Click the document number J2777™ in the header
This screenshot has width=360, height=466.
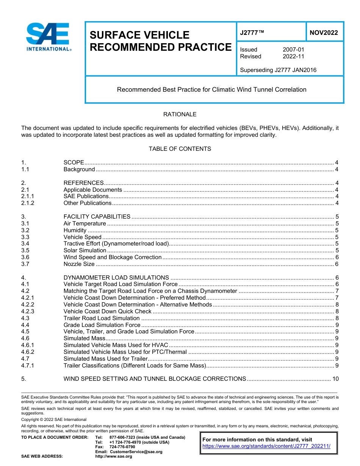coord(252,33)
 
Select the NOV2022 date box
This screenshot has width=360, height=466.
coord(324,33)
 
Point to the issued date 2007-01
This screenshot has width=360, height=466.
coord(293,50)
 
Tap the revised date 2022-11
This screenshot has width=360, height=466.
coord(293,56)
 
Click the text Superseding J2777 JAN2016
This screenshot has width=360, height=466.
coord(278,70)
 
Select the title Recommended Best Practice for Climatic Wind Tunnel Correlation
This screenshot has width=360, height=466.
coord(211,90)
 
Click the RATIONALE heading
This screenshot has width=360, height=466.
coord(180,114)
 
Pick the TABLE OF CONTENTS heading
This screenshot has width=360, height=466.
coord(180,149)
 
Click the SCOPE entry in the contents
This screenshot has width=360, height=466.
coord(74,163)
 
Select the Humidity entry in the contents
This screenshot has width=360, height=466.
coord(75,230)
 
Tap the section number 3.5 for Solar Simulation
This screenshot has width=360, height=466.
coord(25,250)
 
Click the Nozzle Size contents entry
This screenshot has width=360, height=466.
coord(79,264)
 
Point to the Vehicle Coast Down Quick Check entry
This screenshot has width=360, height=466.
coord(107,311)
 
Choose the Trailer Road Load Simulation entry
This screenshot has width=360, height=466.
coord(102,318)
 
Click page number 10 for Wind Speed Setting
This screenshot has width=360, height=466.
coord(335,379)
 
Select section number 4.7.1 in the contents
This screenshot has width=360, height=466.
coord(28,366)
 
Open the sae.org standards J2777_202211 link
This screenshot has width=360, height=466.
coord(266,446)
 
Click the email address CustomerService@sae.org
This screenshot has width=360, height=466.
coord(135,452)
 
